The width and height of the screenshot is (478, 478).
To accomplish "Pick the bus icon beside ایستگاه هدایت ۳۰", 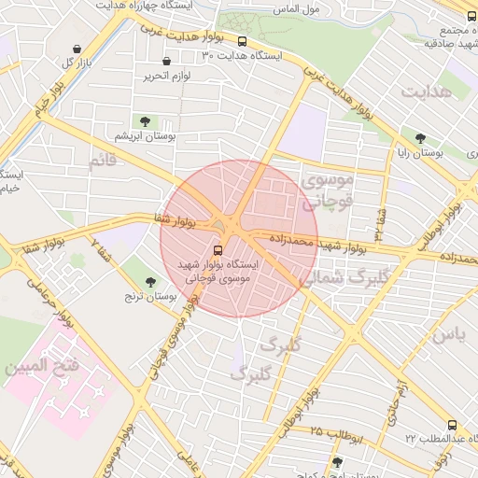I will (243, 41).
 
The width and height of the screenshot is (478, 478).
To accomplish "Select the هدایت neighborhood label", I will (427, 91).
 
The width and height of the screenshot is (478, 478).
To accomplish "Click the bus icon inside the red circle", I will (218, 250).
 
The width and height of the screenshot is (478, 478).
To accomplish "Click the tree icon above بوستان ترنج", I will (150, 280).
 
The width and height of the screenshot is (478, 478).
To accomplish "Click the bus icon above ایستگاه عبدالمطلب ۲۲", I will (452, 423).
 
